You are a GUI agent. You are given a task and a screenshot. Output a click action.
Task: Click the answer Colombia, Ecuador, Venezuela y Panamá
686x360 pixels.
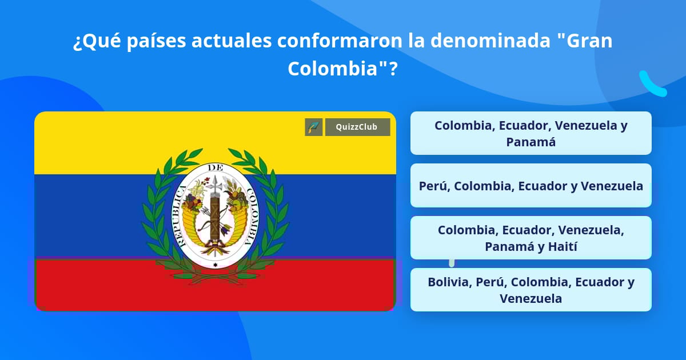tap(531, 133)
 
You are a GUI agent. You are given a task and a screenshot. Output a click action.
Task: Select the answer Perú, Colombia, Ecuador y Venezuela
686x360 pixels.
tap(531, 186)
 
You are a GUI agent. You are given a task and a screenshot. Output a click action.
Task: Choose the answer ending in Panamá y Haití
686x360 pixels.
tap(531, 238)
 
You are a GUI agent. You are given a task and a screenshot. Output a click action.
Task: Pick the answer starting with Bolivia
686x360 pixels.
tap(531, 290)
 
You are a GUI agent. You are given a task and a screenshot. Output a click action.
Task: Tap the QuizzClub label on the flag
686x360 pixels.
tap(357, 127)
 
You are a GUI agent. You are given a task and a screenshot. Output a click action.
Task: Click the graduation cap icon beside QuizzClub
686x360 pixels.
tap(314, 127)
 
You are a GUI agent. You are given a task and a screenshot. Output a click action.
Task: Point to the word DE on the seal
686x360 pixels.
tap(216, 168)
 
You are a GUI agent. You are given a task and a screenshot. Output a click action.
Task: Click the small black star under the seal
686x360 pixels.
tap(216, 265)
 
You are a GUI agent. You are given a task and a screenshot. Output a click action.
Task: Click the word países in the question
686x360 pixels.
tap(156, 41)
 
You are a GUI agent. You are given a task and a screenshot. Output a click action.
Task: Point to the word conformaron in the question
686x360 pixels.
tap(340, 41)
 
